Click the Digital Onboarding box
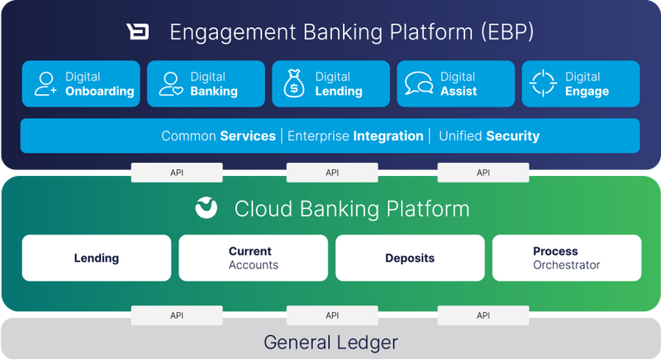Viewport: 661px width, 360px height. click(x=81, y=83)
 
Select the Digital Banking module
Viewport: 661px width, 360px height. click(x=206, y=83)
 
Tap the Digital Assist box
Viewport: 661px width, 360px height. click(x=455, y=83)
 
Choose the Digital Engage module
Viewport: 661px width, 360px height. click(x=580, y=83)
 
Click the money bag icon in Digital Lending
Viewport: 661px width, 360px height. click(x=294, y=83)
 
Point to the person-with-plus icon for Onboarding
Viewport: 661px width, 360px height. click(x=45, y=83)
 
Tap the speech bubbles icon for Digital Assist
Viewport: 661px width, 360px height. click(x=419, y=83)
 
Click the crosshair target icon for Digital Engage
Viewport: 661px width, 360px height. click(x=544, y=83)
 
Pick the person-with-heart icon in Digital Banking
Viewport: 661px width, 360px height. click(x=169, y=83)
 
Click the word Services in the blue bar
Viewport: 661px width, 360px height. click(x=247, y=136)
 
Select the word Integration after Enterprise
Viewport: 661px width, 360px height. click(x=388, y=136)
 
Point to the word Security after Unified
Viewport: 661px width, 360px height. click(x=512, y=136)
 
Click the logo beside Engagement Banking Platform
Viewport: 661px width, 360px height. click(x=137, y=32)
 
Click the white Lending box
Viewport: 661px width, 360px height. click(x=97, y=258)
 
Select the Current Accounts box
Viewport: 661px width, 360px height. click(x=253, y=258)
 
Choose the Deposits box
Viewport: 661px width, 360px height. click(x=410, y=258)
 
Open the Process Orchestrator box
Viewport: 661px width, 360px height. click(x=567, y=258)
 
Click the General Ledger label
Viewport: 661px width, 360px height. click(x=330, y=342)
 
